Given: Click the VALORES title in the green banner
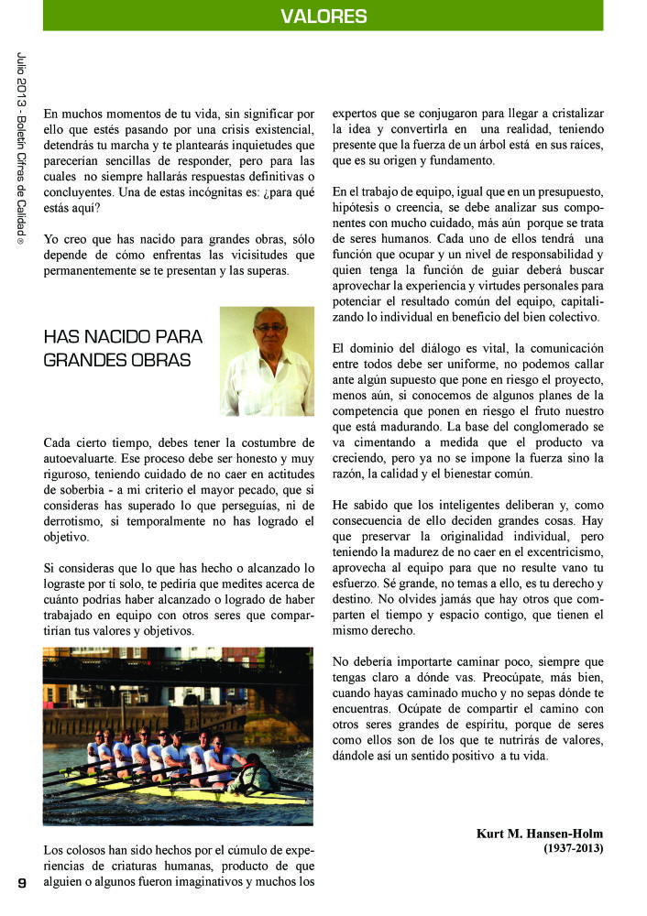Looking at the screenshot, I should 323,16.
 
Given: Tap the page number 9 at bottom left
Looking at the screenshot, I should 21,882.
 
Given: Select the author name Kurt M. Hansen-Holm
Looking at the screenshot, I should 540,834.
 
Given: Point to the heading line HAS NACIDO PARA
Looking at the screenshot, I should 123,336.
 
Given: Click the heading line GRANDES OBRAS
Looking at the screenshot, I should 117,360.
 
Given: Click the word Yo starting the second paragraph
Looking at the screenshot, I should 52,238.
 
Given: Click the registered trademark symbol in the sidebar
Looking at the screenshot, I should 21,241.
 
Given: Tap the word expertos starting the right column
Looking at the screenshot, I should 359,114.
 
